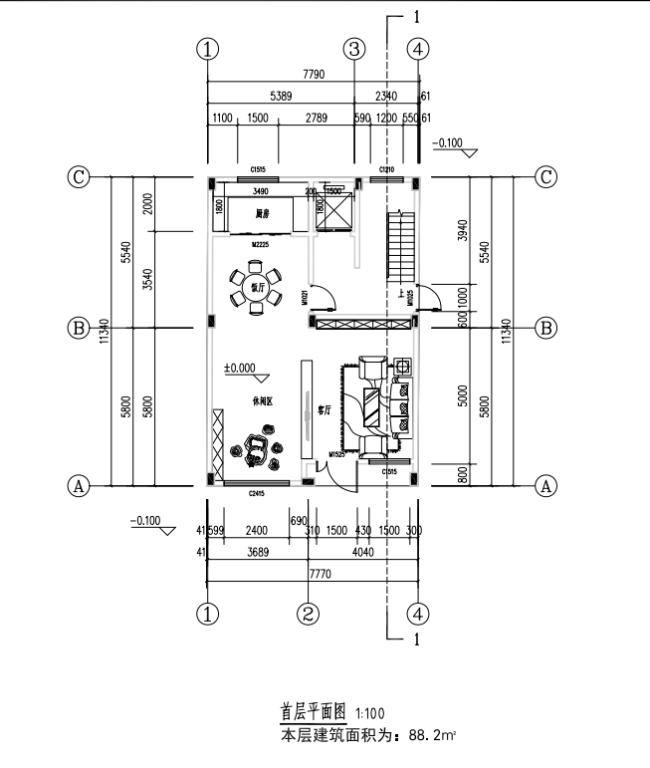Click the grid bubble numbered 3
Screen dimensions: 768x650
[x=355, y=49]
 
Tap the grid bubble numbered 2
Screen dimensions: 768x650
[x=310, y=613]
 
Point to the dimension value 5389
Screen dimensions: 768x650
[x=283, y=97]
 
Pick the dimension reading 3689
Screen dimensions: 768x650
[x=256, y=551]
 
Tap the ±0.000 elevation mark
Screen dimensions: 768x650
[x=240, y=368]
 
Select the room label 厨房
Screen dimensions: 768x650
[x=262, y=213]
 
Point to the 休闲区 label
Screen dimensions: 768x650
[x=262, y=401]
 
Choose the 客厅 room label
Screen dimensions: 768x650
[x=324, y=408]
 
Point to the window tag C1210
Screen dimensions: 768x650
[x=386, y=169]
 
